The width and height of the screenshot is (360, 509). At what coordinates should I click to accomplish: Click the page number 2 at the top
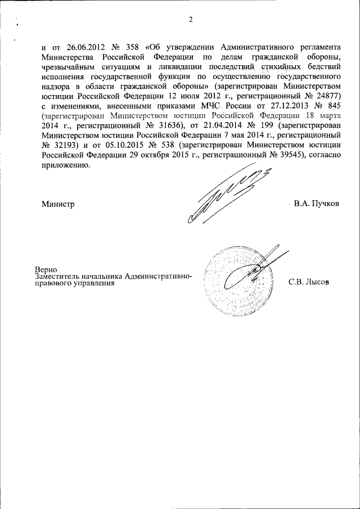point(191,20)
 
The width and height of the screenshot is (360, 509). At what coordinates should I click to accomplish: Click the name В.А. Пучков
point(316,203)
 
